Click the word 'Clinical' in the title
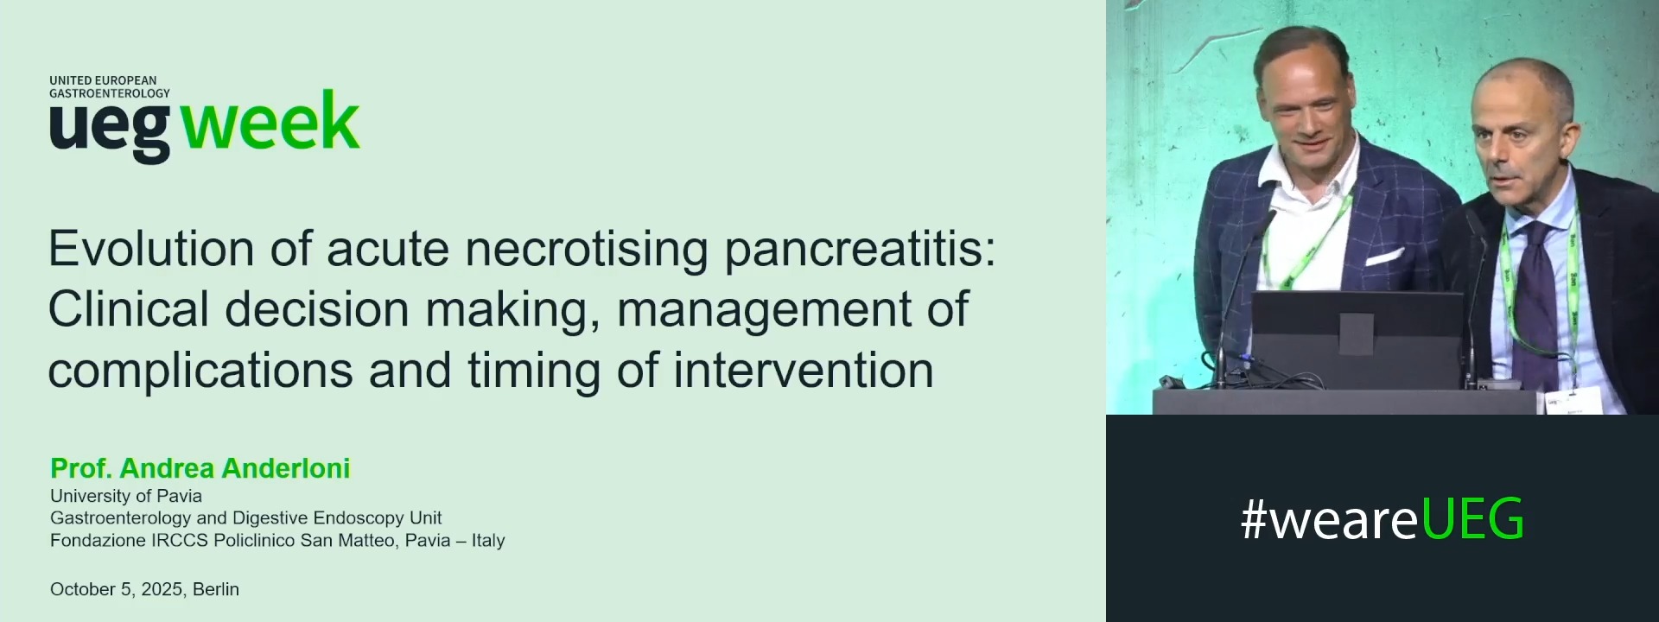coord(129,309)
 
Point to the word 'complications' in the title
coord(200,371)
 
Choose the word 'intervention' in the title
coord(804,370)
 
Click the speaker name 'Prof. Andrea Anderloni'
coord(200,468)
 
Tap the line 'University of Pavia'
coord(126,496)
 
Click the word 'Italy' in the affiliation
coord(487,540)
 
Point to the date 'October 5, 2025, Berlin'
coord(144,589)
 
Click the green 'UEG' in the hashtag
coord(1471,519)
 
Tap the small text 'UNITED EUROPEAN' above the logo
coord(103,80)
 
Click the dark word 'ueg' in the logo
coord(110,128)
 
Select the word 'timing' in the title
coord(533,371)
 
